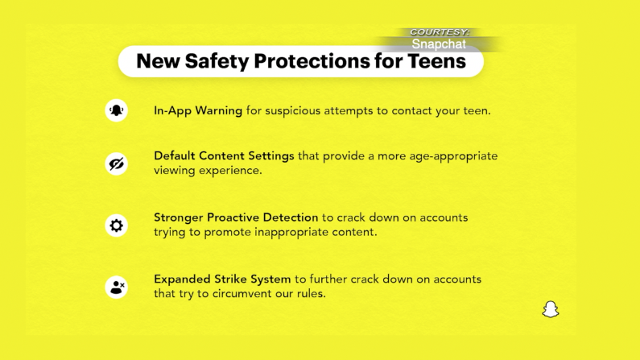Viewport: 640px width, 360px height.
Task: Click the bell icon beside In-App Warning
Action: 116,110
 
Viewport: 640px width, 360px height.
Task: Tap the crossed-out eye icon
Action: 116,163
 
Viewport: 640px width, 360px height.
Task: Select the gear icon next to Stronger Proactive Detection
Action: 116,226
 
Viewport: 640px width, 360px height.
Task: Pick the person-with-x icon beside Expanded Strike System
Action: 116,287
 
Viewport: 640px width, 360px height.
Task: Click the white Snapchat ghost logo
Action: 551,309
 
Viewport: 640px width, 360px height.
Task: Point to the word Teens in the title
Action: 437,61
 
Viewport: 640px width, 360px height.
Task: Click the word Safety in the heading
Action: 217,62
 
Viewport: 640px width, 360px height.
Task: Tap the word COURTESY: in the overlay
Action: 440,32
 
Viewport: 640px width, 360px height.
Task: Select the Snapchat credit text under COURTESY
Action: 439,44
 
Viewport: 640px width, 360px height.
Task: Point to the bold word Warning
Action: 219,111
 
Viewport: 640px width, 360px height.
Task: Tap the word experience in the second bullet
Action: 230,171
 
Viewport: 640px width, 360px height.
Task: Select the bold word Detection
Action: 290,217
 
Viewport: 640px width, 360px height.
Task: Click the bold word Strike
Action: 230,279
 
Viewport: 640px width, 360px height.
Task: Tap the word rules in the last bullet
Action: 311,293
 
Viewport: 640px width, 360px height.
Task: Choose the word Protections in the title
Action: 312,61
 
